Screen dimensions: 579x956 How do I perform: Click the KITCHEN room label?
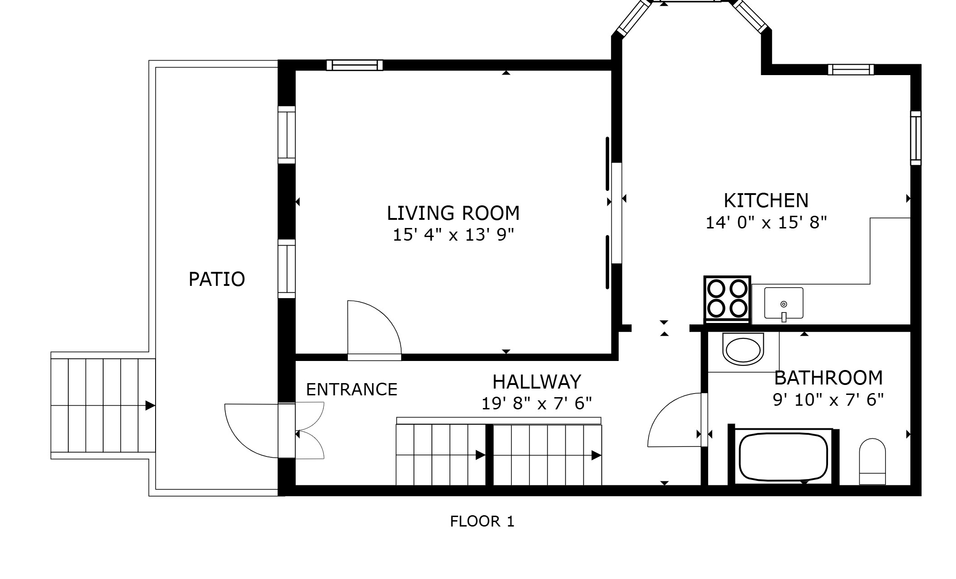[x=766, y=200]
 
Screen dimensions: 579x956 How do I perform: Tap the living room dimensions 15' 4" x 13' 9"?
[x=453, y=235]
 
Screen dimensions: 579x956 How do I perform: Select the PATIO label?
[x=217, y=279]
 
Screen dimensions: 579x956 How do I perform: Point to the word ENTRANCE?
[x=351, y=389]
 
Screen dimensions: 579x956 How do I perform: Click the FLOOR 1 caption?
[x=482, y=522]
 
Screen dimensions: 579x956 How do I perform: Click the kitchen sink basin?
[x=784, y=303]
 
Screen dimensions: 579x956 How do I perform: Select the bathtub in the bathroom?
[x=783, y=457]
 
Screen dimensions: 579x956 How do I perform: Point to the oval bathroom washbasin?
[x=743, y=349]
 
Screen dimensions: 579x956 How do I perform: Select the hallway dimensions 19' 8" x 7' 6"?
[x=536, y=403]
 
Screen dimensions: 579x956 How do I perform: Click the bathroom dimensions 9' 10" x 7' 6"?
[x=828, y=400]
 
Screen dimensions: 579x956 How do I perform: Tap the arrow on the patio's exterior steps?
[x=150, y=406]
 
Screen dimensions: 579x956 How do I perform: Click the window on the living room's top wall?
[x=355, y=65]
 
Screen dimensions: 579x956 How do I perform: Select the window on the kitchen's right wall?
[x=915, y=138]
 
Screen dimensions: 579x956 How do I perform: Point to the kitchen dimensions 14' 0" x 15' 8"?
[x=766, y=223]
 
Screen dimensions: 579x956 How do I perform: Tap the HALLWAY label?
[x=536, y=382]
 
